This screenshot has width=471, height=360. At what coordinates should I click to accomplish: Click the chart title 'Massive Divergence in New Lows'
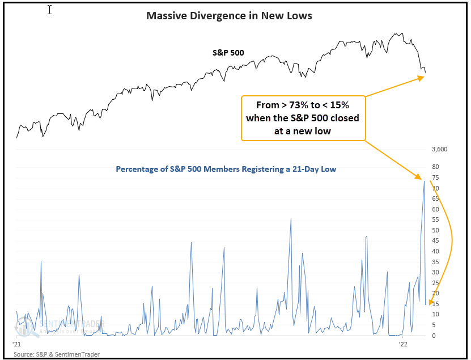click(229, 16)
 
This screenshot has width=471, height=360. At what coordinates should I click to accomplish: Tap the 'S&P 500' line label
click(228, 53)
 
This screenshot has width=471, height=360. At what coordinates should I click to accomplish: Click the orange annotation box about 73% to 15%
click(303, 118)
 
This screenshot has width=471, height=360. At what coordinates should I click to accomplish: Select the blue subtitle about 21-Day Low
click(227, 169)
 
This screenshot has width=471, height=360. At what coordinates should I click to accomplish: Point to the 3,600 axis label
click(440, 150)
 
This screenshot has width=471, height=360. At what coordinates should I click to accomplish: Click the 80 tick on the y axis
click(435, 167)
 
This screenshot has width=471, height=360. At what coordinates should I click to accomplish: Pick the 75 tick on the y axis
click(435, 177)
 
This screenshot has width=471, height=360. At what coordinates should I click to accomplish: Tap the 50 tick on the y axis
click(435, 230)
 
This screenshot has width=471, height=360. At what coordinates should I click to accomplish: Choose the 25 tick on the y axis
click(435, 283)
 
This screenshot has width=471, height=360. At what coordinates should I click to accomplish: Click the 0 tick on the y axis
click(434, 336)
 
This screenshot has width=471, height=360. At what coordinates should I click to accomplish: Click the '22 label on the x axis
click(403, 344)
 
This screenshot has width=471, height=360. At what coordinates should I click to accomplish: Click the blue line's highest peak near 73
click(424, 181)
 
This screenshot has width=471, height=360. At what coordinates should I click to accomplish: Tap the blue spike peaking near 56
click(291, 218)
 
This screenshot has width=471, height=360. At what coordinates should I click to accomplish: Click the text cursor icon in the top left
click(49, 10)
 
